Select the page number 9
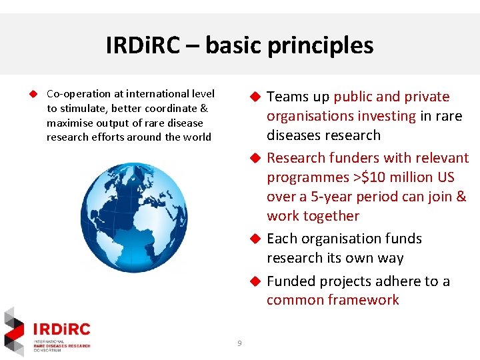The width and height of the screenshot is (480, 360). click(x=239, y=343)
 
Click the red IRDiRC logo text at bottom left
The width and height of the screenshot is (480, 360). click(x=61, y=329)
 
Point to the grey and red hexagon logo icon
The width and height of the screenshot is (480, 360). click(x=14, y=331)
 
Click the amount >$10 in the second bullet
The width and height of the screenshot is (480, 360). click(x=361, y=178)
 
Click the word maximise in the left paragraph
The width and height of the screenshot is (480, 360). click(x=68, y=123)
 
